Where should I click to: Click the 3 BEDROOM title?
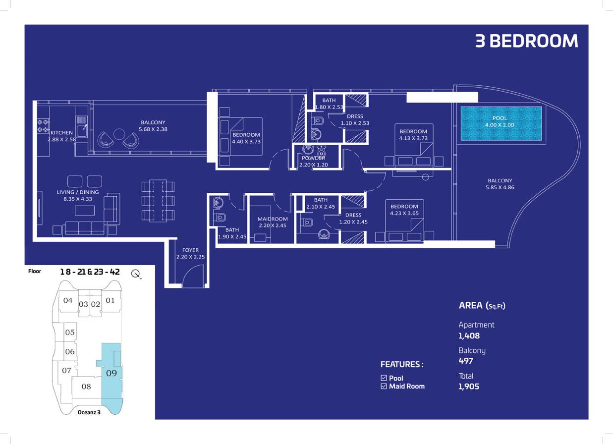tap(526, 41)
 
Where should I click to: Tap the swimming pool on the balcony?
tap(501, 123)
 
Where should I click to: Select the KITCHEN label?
tap(61, 133)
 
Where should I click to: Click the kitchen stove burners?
tap(43, 125)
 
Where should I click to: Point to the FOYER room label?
tap(190, 250)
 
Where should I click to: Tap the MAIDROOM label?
tap(273, 219)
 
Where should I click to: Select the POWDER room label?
tap(313, 158)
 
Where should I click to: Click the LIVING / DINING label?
tap(78, 192)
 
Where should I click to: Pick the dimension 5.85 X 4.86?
tap(500, 187)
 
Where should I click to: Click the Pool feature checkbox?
tap(384, 378)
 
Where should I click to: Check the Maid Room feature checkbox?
tap(384, 386)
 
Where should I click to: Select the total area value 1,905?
tap(469, 387)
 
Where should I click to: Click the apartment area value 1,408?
tap(469, 335)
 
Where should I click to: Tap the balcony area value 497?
tap(466, 361)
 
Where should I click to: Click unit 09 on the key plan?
tap(111, 373)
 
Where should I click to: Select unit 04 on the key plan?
tap(68, 300)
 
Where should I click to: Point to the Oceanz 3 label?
tap(89, 412)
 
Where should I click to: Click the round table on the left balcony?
tap(119, 134)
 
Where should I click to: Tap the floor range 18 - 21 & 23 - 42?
tap(90, 272)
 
